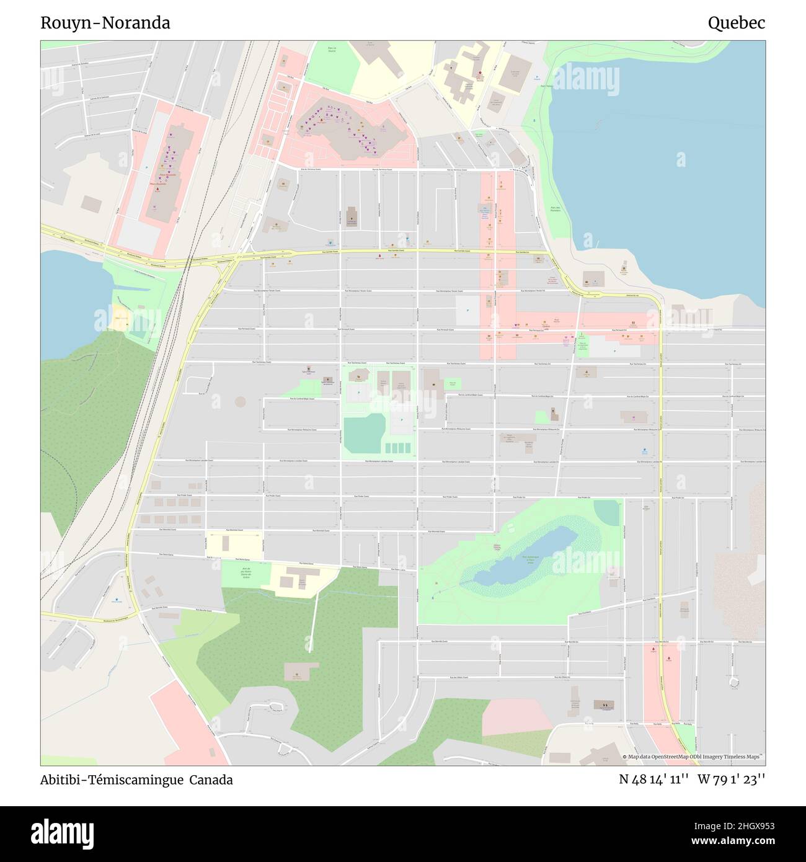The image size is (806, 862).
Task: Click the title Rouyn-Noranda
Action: click(x=105, y=23)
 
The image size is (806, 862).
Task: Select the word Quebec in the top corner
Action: click(x=736, y=23)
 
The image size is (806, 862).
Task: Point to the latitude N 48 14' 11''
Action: click(x=654, y=780)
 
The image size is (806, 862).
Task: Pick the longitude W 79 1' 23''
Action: click(x=732, y=780)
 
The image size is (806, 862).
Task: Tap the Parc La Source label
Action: click(x=331, y=50)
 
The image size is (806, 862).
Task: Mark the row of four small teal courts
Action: click(x=397, y=447)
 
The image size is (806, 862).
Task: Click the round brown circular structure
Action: click(x=240, y=401)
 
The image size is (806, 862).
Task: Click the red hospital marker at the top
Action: click(x=480, y=73)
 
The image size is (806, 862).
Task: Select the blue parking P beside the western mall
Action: click(x=146, y=168)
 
